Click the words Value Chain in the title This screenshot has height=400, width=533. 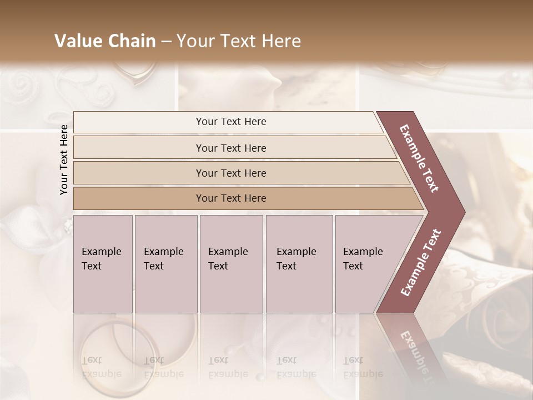tap(105, 41)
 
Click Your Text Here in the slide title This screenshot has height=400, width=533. tap(239, 41)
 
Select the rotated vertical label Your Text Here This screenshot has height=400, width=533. tap(64, 159)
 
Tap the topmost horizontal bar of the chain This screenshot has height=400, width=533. tap(230, 122)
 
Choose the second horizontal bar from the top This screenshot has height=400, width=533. tap(230, 148)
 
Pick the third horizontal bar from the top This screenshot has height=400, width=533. tap(230, 173)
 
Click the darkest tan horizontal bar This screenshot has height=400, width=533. tap(230, 198)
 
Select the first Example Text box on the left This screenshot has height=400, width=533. tap(103, 264)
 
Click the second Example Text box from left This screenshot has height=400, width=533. tap(165, 264)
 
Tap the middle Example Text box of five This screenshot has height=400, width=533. tap(231, 264)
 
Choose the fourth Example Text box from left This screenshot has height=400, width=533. tap(299, 264)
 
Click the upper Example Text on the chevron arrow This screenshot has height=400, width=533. tap(420, 158)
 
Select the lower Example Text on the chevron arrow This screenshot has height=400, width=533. tap(421, 263)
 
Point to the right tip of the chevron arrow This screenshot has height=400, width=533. tap(464, 212)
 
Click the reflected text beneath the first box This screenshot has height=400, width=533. tap(101, 367)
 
